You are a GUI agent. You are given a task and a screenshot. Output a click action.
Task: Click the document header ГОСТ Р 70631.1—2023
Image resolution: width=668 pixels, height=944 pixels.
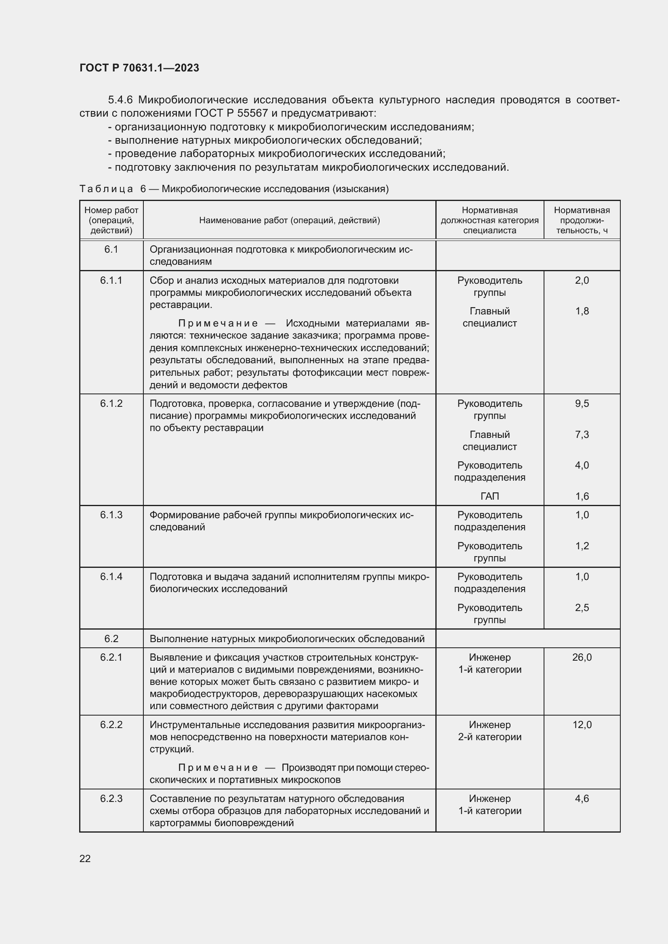pos(139,68)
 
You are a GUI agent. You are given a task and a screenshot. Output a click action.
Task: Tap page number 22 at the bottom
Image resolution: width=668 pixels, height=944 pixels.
pos(85,858)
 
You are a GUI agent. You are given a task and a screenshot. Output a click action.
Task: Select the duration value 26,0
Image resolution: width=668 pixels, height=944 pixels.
pos(582,657)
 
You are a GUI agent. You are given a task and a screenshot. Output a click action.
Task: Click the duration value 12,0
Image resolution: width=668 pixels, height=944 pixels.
pos(582,725)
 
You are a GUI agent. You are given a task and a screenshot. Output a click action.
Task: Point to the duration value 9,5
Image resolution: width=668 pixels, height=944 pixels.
pos(582,404)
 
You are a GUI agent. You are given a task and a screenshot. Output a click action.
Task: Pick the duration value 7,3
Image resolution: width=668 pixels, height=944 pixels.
pos(582,435)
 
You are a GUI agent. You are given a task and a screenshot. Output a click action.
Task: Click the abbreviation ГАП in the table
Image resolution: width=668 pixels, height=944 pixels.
pos(489,496)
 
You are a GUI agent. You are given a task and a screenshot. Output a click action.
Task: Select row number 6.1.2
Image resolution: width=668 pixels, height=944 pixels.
pos(111,404)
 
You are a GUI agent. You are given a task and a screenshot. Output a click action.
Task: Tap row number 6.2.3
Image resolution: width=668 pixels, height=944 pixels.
pos(111,798)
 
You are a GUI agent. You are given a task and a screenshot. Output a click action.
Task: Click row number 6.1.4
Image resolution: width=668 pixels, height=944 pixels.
pos(111,577)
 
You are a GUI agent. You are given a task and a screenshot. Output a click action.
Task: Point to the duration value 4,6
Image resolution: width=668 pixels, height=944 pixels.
pos(582,798)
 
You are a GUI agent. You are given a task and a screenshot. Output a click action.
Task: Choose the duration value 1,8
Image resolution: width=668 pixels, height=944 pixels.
pos(582,311)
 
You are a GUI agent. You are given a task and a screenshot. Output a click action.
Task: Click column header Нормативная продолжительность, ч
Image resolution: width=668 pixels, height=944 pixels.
pos(582,220)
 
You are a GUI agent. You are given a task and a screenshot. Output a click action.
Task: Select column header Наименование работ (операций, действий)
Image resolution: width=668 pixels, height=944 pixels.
pos(289,220)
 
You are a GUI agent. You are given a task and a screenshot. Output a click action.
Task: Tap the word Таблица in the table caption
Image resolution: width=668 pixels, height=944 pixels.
pos(106,189)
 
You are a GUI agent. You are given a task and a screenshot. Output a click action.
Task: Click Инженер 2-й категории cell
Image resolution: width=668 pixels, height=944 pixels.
pos(489,731)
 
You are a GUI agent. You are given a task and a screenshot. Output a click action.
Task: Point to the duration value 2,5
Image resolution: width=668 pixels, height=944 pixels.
pos(582,608)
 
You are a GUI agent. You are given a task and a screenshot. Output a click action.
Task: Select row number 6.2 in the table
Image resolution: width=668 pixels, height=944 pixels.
pos(111,638)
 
